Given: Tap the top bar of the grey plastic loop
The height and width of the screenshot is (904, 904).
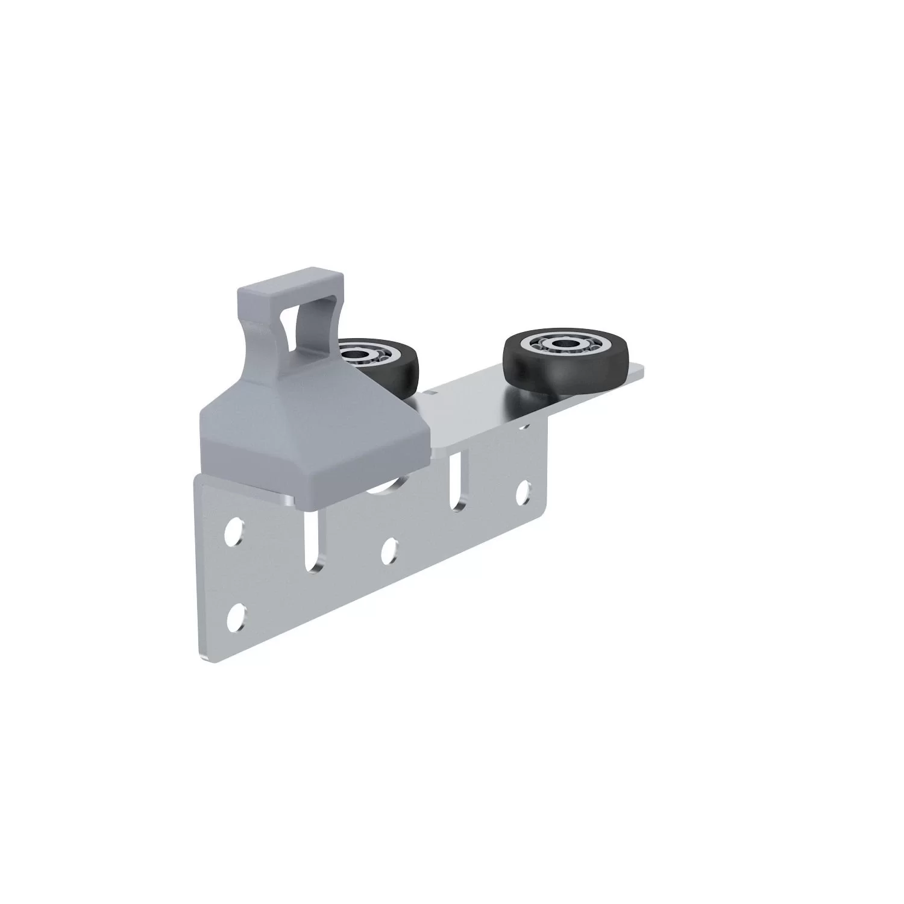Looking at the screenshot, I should coord(283,281).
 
